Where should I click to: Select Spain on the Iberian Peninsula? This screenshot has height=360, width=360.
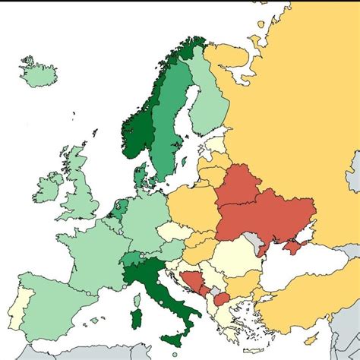click(53, 304)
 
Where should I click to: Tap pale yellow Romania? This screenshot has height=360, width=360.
click(242, 258)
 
